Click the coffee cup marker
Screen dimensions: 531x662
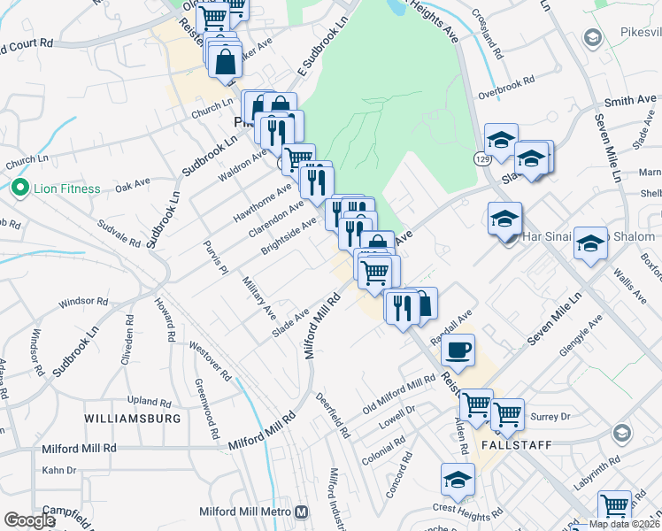(x=458, y=350)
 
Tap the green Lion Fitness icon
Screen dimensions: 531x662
(x=18, y=189)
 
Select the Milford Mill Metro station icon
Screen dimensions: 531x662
(x=302, y=512)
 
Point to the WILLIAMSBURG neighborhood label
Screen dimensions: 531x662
(x=133, y=418)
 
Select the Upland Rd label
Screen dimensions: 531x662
(x=148, y=401)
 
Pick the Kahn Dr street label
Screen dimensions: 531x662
(x=58, y=469)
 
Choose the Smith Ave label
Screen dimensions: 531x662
(x=630, y=102)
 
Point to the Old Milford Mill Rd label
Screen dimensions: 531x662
(x=400, y=400)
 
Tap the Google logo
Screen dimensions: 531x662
(x=29, y=520)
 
